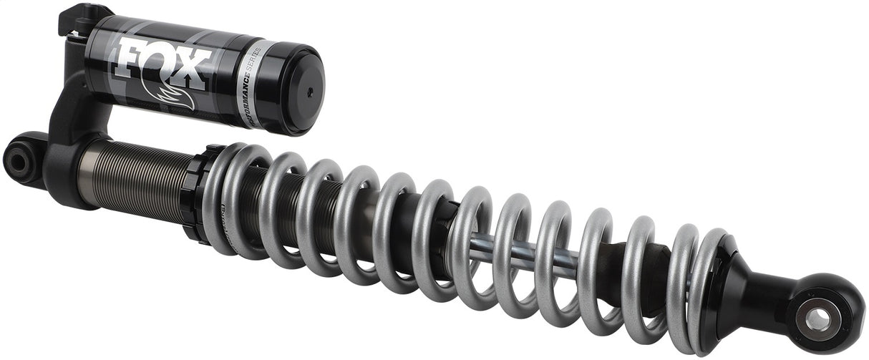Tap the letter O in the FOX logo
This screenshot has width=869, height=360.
click(x=164, y=64)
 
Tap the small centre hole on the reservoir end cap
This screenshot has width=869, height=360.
click(x=310, y=91)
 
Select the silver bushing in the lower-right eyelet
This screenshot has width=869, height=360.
click(x=819, y=320)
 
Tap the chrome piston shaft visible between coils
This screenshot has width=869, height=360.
click(x=544, y=258)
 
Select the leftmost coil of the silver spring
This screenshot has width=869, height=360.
click(x=218, y=193)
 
